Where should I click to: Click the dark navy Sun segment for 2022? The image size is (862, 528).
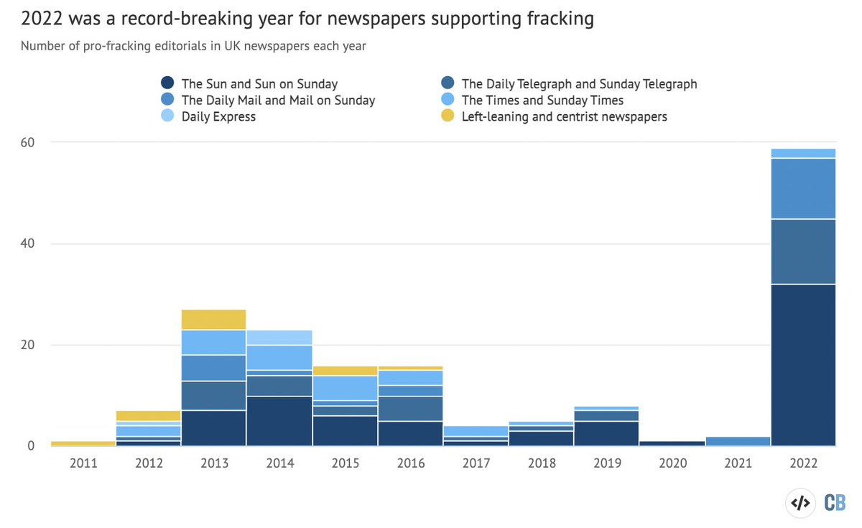803,365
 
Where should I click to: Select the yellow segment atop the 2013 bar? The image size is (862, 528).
214,320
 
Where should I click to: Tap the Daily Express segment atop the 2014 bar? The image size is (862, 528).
279,338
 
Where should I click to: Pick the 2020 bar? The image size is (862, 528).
672,443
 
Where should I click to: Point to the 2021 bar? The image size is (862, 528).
738,441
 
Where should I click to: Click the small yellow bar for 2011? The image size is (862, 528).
83,444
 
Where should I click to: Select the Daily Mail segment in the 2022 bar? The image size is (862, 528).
803,188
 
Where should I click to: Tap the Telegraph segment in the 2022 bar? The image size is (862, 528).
803,251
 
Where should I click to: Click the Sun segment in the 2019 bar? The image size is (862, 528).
607,433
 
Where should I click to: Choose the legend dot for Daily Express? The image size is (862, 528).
168,116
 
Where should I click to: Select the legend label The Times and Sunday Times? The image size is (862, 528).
542,101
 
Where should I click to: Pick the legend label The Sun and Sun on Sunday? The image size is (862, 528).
259,84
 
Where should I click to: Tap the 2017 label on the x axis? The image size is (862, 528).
476,463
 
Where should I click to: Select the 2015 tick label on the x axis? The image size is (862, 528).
345,463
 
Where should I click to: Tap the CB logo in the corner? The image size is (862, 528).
834,503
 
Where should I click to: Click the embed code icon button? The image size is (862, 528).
800,503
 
